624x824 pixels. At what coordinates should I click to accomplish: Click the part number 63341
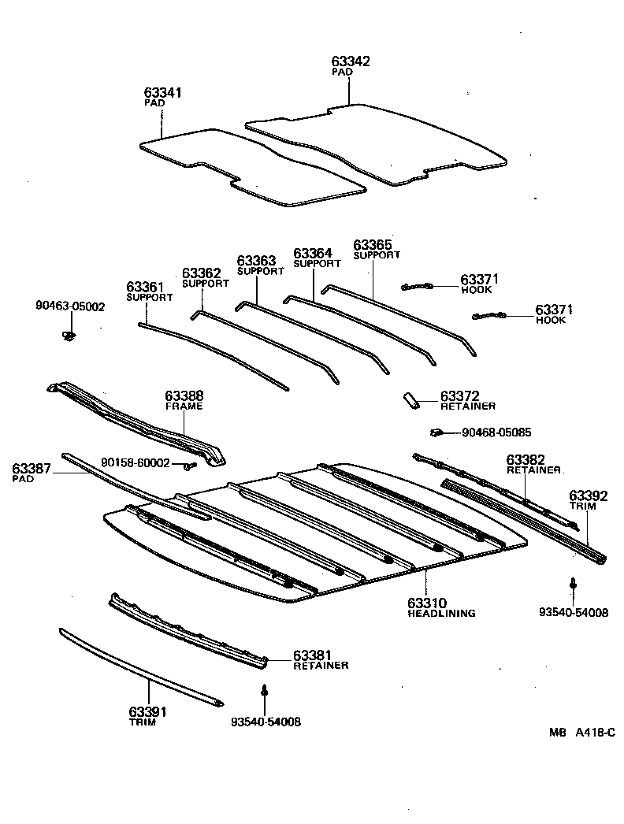click(x=163, y=93)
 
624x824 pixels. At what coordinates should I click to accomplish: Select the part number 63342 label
click(x=351, y=61)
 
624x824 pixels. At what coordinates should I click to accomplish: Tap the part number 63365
click(x=373, y=245)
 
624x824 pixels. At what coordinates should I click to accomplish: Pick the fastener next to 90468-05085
click(x=436, y=432)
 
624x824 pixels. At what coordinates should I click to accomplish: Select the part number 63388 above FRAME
click(x=184, y=395)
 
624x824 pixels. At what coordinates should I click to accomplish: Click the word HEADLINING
click(x=441, y=613)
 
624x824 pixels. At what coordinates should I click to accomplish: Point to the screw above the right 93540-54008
click(x=573, y=585)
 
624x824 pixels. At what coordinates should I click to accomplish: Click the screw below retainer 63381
click(x=265, y=690)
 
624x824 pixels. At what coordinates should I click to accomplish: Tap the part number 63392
click(x=588, y=496)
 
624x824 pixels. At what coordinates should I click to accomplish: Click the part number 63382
click(x=526, y=459)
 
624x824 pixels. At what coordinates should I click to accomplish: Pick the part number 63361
click(x=146, y=287)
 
